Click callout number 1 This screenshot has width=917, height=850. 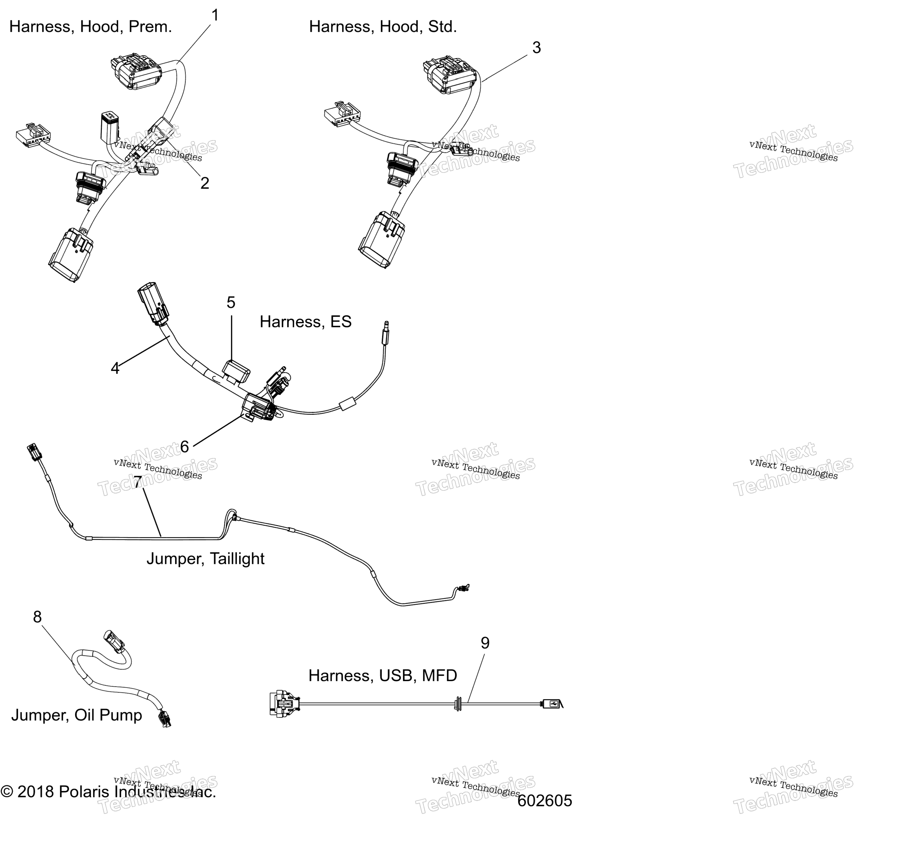coord(215,16)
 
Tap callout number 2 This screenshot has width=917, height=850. coord(205,183)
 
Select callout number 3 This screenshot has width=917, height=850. coord(537,47)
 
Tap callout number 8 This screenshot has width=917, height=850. coord(37,617)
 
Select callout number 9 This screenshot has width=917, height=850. coord(485,643)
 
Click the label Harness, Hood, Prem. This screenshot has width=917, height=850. coord(91,27)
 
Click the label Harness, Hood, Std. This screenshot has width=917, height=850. coord(383,27)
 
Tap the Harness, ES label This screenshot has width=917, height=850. coord(306,322)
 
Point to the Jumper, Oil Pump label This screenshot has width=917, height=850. coord(76,715)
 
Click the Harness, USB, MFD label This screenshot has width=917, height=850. coord(383,675)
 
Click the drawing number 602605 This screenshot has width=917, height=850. coord(545,801)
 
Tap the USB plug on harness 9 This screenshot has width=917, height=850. coord(551,703)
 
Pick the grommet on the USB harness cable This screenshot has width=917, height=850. coord(457,704)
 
